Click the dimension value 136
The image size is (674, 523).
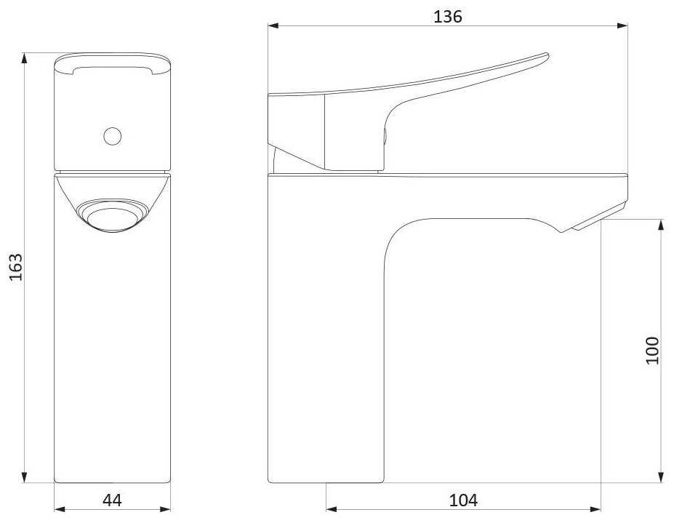tap(447, 16)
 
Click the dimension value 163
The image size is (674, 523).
tap(16, 267)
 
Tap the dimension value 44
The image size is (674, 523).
tap(112, 500)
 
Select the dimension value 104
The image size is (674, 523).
tap(463, 500)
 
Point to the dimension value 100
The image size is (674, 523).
tap(652, 351)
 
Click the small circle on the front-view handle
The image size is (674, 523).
tap(113, 136)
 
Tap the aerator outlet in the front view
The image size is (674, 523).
tap(112, 215)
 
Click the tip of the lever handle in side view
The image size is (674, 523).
tap(547, 55)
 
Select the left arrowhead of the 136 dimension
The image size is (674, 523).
tap(273, 25)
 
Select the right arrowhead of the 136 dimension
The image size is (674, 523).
tap(622, 25)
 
